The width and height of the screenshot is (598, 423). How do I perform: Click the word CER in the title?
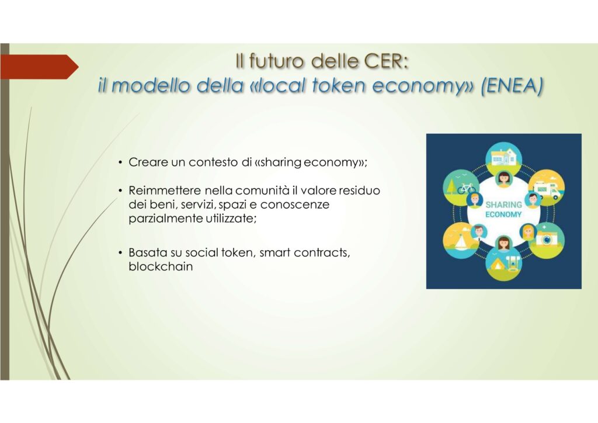pyautogui.click(x=387, y=61)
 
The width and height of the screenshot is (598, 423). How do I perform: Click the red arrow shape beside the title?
pyautogui.click(x=39, y=67)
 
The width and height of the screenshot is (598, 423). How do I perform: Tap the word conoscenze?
pyautogui.click(x=295, y=204)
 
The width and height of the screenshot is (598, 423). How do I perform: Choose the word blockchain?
pyautogui.click(x=161, y=266)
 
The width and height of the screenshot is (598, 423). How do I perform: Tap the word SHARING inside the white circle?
pyautogui.click(x=503, y=205)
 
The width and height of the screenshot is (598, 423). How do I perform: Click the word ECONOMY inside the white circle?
pyautogui.click(x=503, y=214)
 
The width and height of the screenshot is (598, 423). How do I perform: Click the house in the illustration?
pyautogui.click(x=504, y=156)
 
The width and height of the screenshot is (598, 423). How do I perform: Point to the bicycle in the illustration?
pyautogui.click(x=466, y=188)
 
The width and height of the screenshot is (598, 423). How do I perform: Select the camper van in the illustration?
pyautogui.click(x=546, y=189)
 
